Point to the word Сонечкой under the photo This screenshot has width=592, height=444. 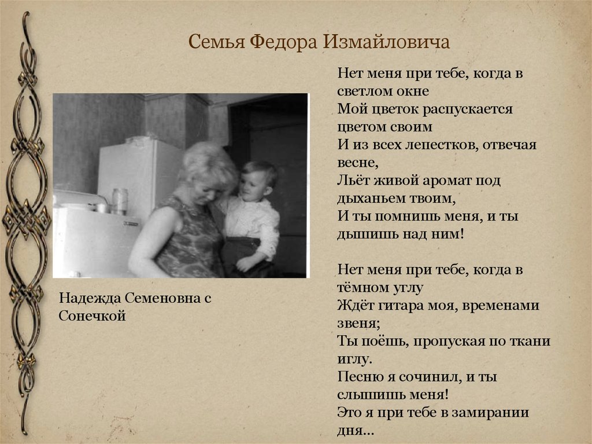[x=92, y=316]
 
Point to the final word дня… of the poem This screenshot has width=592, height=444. [x=353, y=431]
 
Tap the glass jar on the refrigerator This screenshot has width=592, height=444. [x=120, y=201]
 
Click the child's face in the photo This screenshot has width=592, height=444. [x=251, y=184]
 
